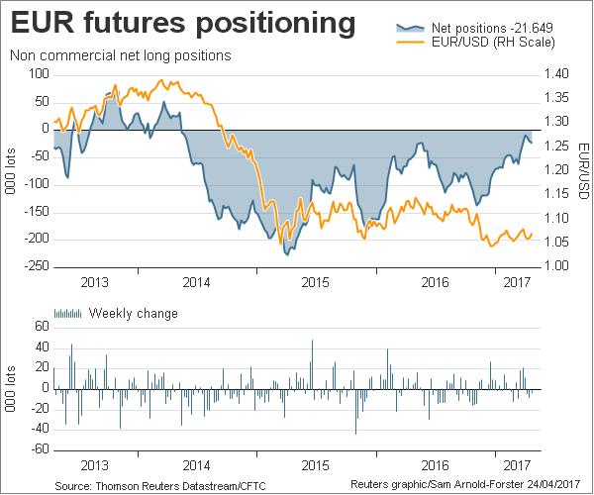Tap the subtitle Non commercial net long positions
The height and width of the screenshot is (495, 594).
point(120,55)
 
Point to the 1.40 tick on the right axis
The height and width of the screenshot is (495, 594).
point(556,74)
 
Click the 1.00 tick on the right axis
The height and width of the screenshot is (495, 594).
point(556,265)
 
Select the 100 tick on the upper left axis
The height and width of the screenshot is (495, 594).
point(40,74)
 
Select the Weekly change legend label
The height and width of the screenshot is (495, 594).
point(134,314)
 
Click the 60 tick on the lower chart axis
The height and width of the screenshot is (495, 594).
point(43,326)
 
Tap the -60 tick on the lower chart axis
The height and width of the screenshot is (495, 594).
point(40,449)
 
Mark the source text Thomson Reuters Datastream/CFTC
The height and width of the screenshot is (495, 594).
point(161,486)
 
